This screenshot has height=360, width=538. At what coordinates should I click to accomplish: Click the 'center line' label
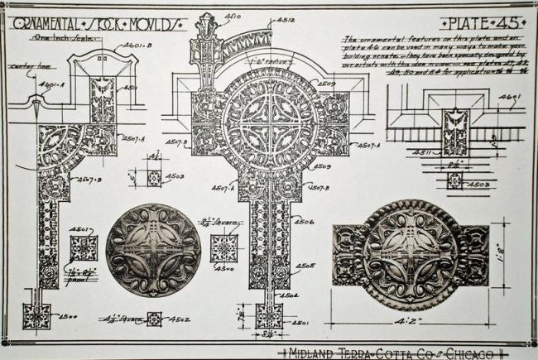tap(26, 65)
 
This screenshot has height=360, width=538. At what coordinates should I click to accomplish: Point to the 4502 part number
tap(180, 319)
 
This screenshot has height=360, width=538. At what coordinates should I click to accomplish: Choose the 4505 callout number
tap(305, 266)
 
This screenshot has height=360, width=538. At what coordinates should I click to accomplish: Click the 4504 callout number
tap(290, 295)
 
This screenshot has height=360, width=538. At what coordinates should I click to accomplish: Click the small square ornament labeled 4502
tap(154, 319)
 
